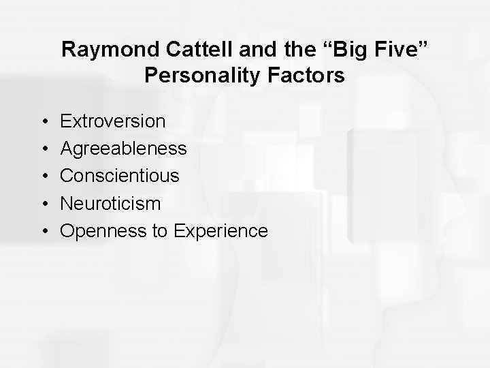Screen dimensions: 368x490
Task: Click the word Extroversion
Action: [x=113, y=121]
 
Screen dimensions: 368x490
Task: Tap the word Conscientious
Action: [x=120, y=176]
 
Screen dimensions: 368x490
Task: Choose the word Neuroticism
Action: [x=111, y=203]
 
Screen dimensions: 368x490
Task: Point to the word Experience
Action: [x=221, y=231]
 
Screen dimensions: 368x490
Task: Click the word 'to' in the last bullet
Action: [x=160, y=231]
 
